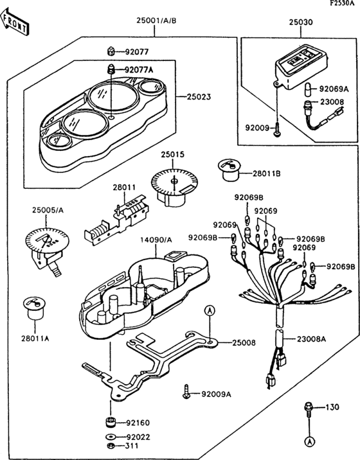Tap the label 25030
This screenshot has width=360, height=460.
[x=300, y=21]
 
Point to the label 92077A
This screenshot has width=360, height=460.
[x=139, y=69]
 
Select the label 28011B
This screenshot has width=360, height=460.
[x=266, y=173]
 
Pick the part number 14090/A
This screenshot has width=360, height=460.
[x=156, y=240]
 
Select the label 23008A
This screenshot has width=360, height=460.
[x=310, y=338]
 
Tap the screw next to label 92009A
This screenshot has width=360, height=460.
[x=187, y=391]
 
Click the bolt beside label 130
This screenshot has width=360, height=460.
[x=308, y=408]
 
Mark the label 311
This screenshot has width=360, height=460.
[x=131, y=446]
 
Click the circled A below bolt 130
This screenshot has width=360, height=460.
[x=308, y=441]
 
